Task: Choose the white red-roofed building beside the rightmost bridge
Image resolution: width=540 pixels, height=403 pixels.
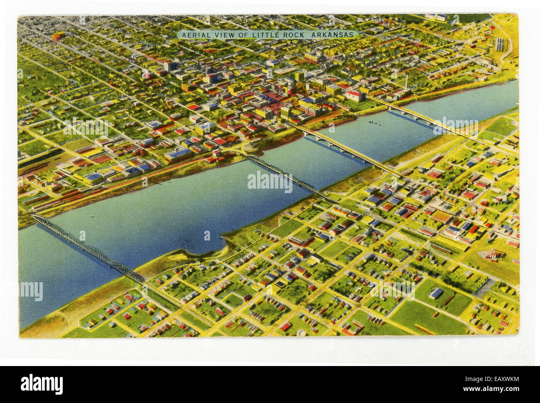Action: click(356, 96)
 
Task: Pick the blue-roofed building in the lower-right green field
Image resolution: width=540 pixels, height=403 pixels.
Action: click(436, 294)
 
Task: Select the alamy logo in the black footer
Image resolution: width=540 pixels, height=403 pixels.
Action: click(42, 383)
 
